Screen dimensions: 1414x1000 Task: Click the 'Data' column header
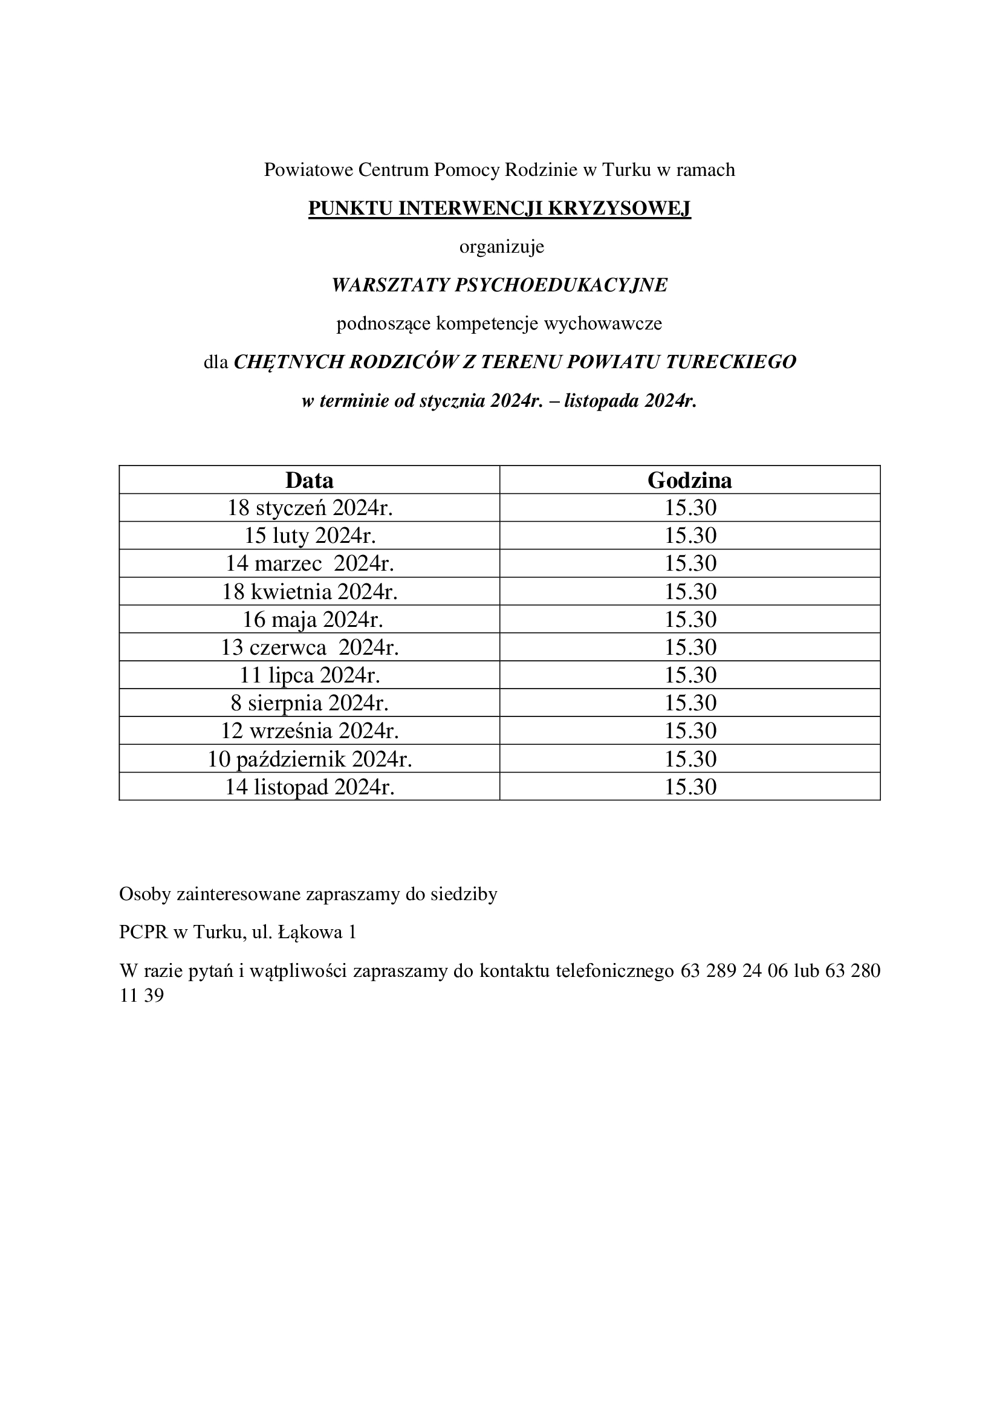pos(309,481)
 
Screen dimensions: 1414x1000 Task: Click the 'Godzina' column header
pos(690,481)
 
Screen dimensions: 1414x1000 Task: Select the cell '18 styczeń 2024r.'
pos(310,508)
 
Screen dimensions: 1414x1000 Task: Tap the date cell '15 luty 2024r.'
pos(310,536)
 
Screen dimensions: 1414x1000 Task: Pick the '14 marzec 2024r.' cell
pos(310,563)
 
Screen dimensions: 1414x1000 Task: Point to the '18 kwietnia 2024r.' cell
pos(310,592)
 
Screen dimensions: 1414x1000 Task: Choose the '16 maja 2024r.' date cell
pos(313,620)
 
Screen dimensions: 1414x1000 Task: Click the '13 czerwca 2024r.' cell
pos(310,647)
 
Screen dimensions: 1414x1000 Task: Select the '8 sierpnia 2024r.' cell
pos(310,703)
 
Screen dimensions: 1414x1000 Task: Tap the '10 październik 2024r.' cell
pos(310,759)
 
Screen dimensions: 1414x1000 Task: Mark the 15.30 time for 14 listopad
pos(690,787)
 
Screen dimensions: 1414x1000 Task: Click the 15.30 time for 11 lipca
pos(690,676)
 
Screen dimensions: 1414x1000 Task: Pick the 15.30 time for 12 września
pos(690,731)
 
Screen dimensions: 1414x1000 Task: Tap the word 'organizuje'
pos(501,247)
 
